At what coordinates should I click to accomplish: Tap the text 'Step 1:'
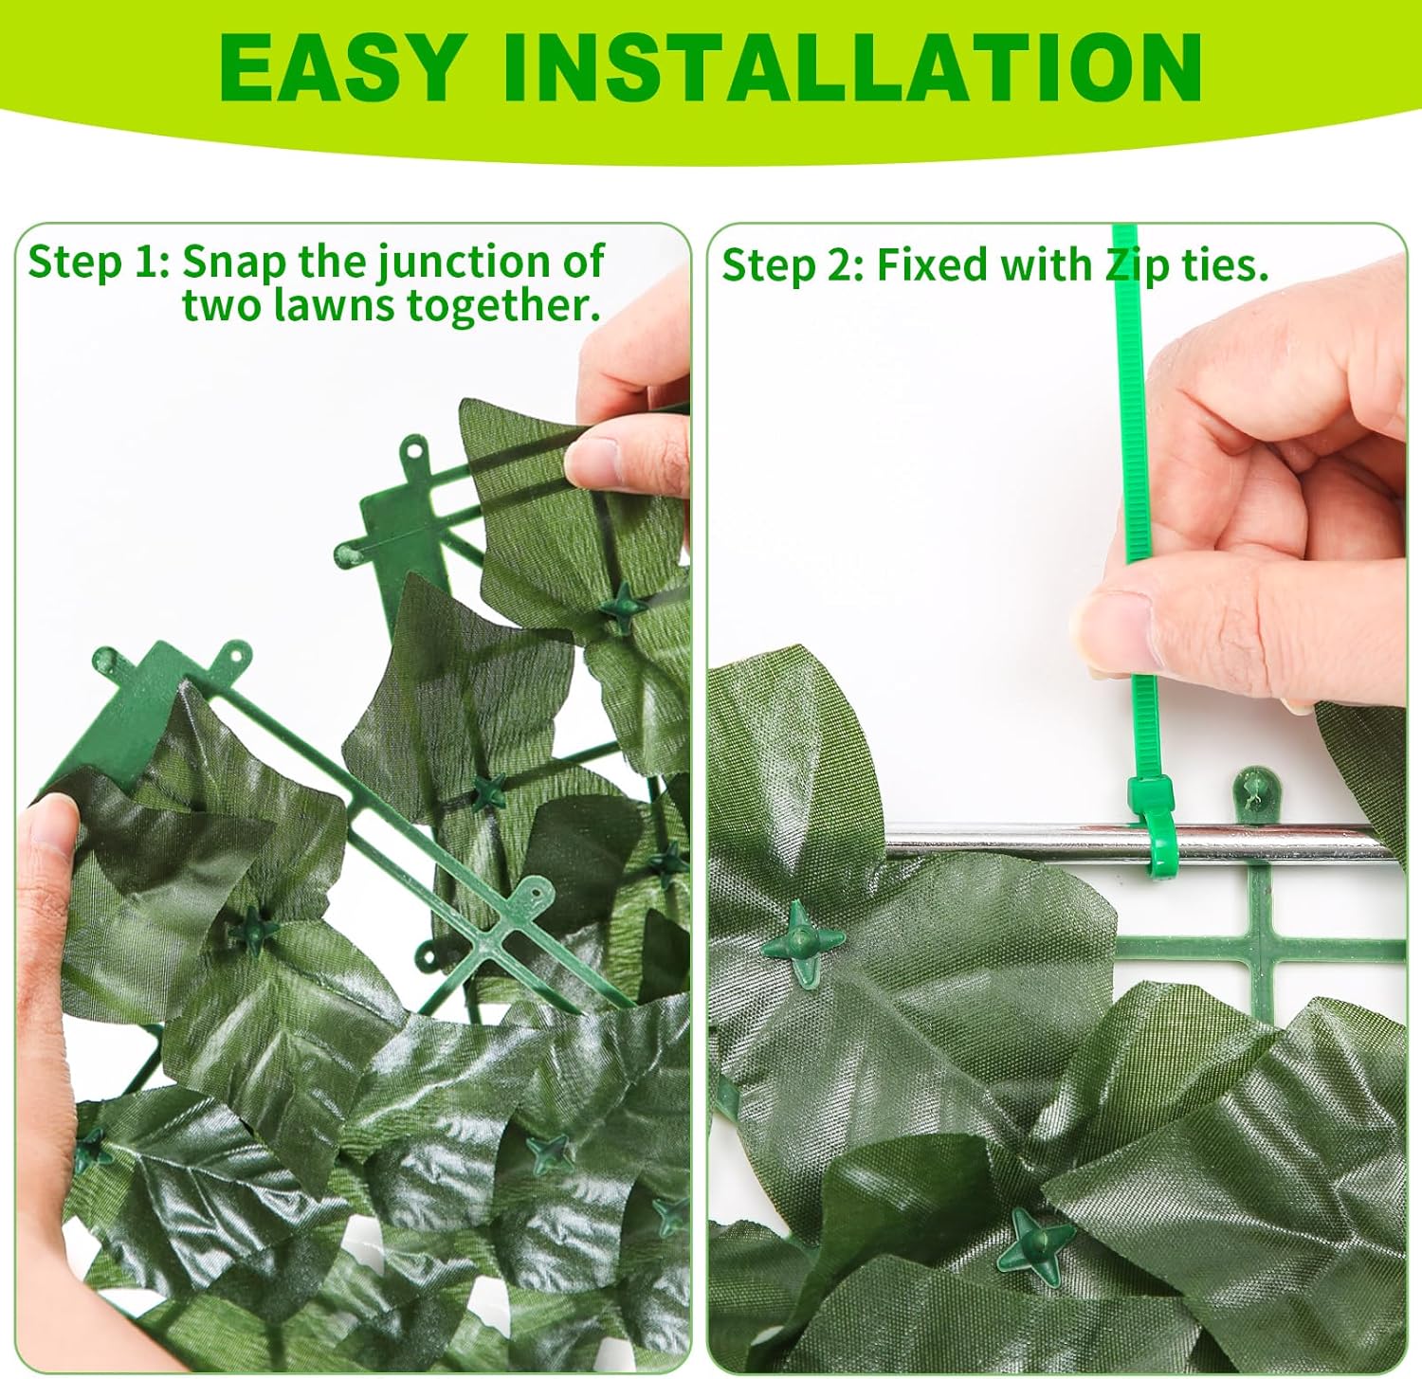tap(98, 263)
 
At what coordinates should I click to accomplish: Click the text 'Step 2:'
tap(793, 266)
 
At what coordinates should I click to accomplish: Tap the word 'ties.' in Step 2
tap(1224, 266)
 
